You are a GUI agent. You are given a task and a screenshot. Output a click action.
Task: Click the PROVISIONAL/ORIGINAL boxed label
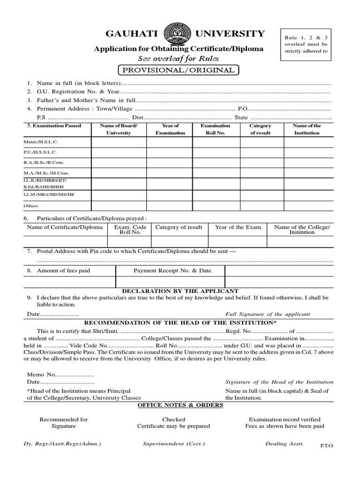tap(179, 70)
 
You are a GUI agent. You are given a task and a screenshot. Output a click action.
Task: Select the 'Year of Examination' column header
tap(170, 129)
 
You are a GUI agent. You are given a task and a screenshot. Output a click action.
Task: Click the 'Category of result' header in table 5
tap(260, 129)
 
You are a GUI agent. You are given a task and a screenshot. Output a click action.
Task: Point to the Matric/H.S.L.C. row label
tap(41, 142)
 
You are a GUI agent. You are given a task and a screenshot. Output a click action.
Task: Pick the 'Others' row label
tap(31, 206)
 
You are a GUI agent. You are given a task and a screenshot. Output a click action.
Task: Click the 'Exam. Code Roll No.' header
tap(130, 230)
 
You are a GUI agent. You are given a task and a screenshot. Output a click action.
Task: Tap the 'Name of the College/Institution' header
tap(302, 230)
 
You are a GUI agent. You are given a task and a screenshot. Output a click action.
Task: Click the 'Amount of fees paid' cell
tap(63, 271)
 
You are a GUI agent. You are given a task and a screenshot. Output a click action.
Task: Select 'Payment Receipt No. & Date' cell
tap(172, 271)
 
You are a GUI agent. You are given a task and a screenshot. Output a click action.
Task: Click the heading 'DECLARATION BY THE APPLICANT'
tap(180, 291)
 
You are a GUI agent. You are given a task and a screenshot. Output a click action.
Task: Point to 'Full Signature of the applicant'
tap(268, 315)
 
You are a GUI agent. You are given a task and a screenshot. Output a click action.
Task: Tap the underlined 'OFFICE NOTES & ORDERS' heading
tap(180, 405)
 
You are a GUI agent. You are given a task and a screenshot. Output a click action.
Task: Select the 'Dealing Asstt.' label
tap(285, 443)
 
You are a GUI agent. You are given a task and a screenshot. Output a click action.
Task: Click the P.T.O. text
tap(327, 447)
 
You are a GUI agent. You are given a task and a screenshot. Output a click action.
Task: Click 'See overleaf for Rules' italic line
tap(178, 59)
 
